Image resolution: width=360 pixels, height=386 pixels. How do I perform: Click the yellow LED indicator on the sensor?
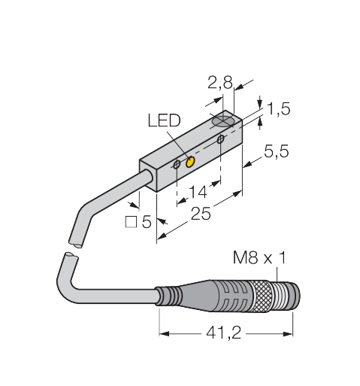pyautogui.click(x=191, y=162)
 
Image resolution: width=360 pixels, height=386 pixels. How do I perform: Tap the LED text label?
pyautogui.click(x=164, y=120)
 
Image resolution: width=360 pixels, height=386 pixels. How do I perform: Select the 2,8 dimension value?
pyautogui.click(x=220, y=83)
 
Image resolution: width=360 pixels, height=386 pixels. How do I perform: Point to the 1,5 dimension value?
pyautogui.click(x=279, y=108)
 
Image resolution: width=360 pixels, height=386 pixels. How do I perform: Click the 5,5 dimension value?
pyautogui.click(x=277, y=151)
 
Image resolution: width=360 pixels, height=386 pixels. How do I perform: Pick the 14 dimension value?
pyautogui.click(x=198, y=192)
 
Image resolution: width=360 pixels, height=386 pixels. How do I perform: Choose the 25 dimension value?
pyautogui.click(x=201, y=214)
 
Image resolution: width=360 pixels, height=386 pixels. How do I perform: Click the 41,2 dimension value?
pyautogui.click(x=223, y=333)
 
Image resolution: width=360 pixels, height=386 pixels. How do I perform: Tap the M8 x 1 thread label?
pyautogui.click(x=259, y=257)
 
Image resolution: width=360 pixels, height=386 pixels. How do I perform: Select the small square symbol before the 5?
pyautogui.click(x=131, y=222)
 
